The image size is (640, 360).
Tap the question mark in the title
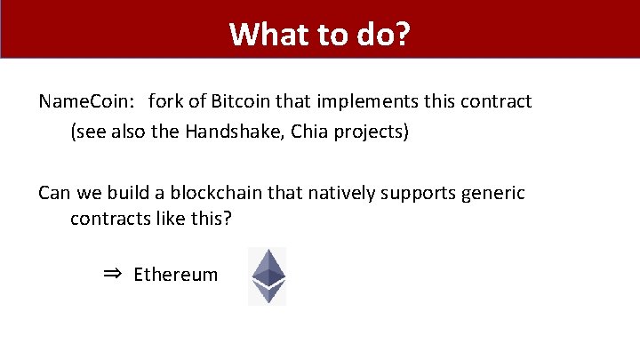click(403, 34)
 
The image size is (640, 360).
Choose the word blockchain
click(218, 193)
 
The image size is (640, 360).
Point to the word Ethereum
click(175, 275)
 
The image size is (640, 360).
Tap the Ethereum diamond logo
click(267, 276)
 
